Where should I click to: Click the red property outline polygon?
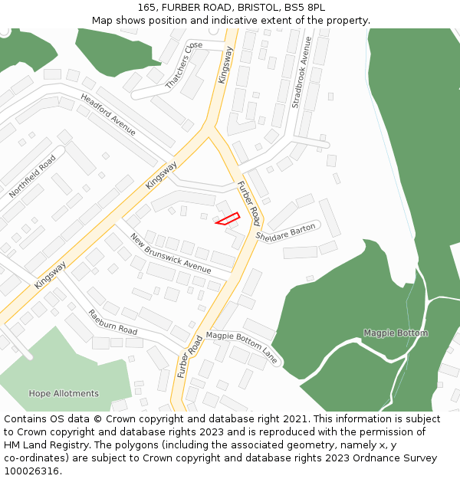[228, 219]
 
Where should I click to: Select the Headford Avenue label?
[108, 114]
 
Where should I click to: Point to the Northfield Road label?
[32, 176]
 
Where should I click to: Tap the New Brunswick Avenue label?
[170, 253]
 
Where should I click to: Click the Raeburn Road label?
[113, 323]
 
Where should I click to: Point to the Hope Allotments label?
[64, 394]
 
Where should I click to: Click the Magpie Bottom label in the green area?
[396, 333]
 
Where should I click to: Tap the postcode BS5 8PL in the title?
[304, 8]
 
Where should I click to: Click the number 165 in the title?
[148, 8]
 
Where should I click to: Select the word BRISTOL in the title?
[253, 8]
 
